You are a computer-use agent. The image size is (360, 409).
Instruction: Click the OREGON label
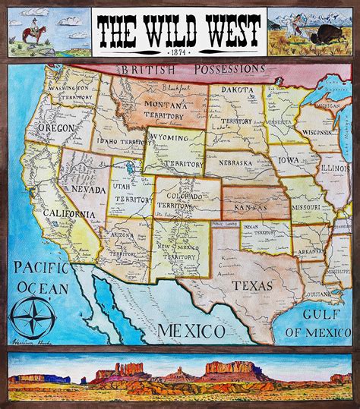click(55, 128)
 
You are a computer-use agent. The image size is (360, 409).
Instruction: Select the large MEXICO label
click(191, 331)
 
